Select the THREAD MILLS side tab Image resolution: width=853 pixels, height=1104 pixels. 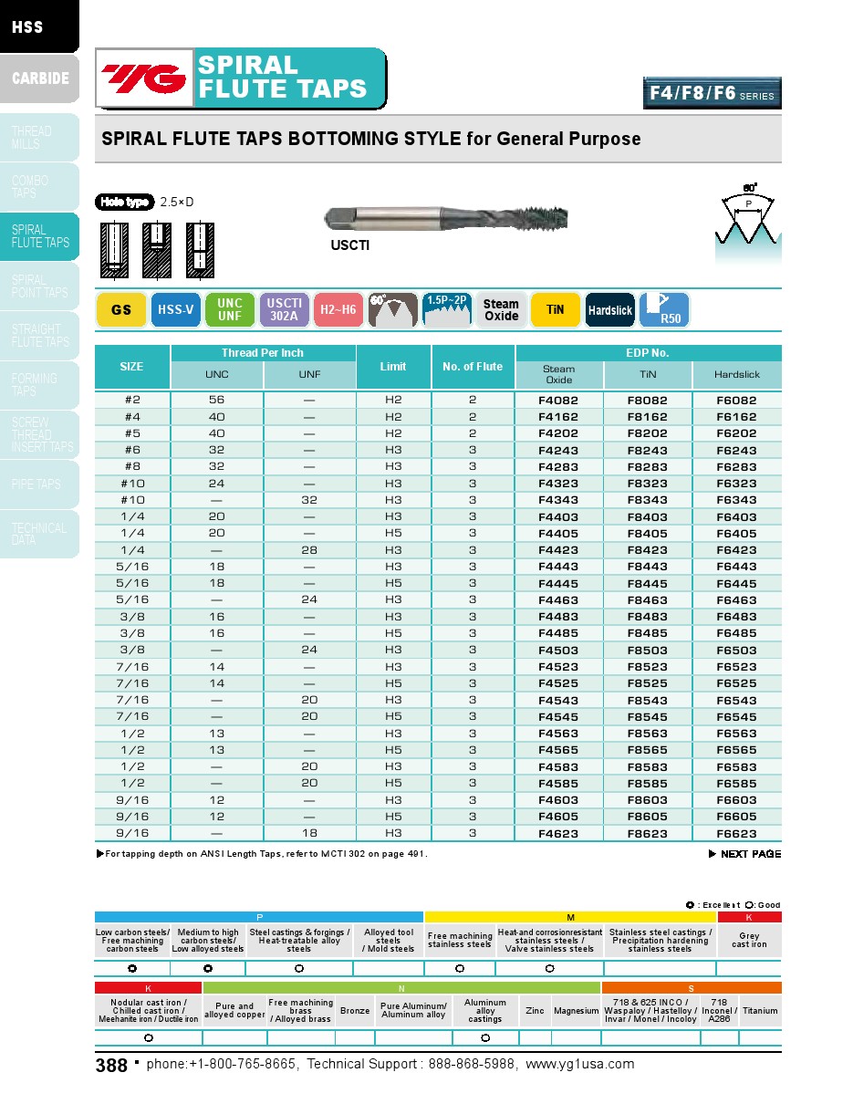tap(39, 137)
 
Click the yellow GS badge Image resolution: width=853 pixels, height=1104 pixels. tap(121, 310)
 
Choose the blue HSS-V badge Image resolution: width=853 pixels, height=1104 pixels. tap(175, 310)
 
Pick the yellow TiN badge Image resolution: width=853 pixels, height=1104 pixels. tap(555, 310)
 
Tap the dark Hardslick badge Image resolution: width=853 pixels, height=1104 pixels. tap(609, 310)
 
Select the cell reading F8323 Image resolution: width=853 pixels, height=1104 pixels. tap(647, 484)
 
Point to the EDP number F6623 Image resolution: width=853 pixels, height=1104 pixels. tap(736, 834)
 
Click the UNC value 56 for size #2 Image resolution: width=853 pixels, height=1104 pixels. tap(217, 401)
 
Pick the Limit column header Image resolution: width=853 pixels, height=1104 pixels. tap(393, 367)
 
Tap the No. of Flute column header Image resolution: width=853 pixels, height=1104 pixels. tap(473, 367)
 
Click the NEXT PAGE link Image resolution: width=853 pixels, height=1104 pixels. tap(745, 854)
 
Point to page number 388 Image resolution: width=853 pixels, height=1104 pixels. tap(111, 1066)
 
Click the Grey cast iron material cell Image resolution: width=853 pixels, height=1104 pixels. tap(749, 941)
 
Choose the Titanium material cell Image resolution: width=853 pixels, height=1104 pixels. tap(760, 1011)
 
